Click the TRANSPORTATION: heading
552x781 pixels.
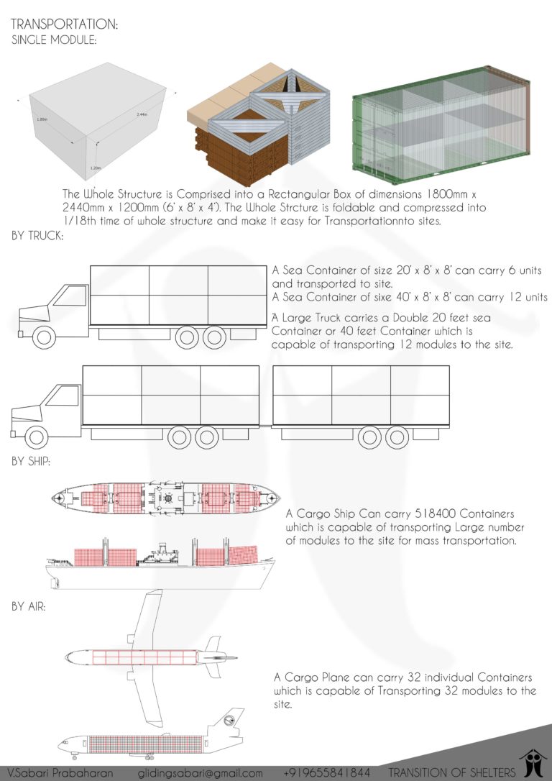(64, 25)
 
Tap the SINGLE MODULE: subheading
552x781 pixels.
(55, 40)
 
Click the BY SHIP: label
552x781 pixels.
(31, 461)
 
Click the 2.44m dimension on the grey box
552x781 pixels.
(142, 114)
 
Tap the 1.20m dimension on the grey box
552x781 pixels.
(95, 168)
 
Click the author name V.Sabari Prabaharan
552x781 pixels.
(57, 773)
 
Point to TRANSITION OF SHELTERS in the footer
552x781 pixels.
(451, 773)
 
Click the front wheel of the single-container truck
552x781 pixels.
(45, 337)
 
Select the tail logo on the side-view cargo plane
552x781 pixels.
(234, 719)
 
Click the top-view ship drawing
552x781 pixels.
(165, 498)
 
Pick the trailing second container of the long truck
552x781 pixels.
(361, 395)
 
